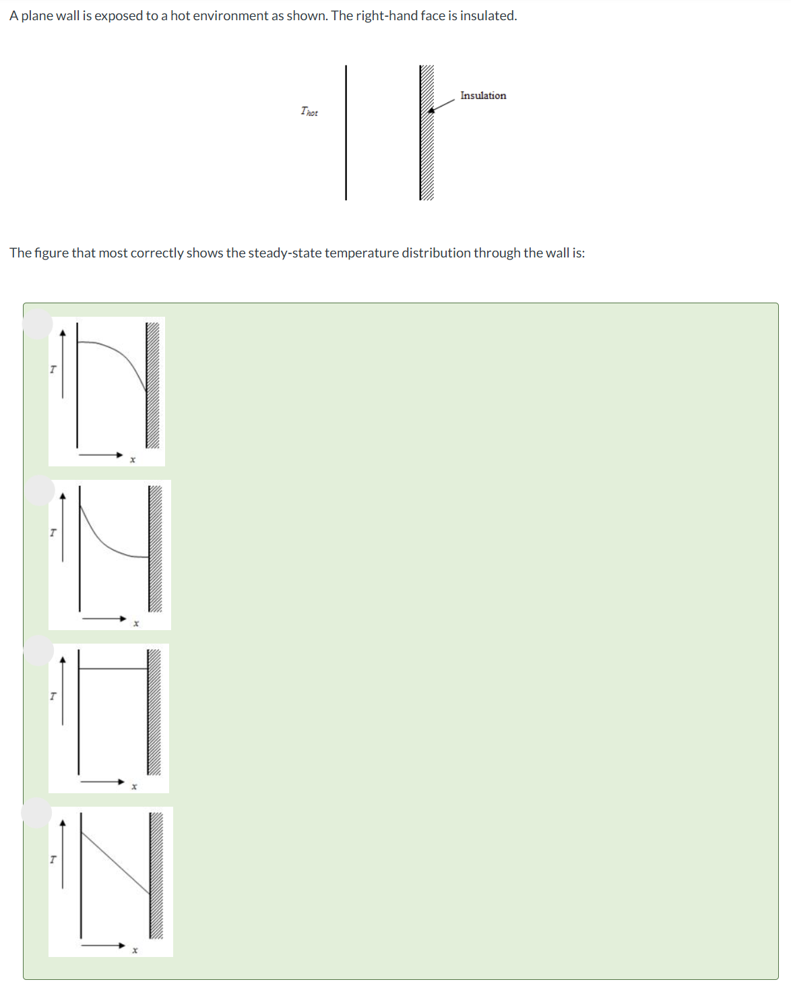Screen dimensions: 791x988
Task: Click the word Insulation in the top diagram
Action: [483, 96]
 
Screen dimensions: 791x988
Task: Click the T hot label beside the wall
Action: [309, 112]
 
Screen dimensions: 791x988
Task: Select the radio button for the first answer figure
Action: [38, 324]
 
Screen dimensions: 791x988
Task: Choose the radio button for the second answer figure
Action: [39, 491]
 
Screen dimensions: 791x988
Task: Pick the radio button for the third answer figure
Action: [38, 650]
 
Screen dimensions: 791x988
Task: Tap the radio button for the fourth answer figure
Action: [36, 813]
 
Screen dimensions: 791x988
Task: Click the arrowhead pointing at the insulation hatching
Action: [431, 110]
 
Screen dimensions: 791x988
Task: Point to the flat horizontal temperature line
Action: [113, 669]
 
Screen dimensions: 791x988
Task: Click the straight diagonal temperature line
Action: [115, 863]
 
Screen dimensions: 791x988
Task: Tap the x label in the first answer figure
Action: [133, 460]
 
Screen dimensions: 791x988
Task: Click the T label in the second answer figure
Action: [53, 532]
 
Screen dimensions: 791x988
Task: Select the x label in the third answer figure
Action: [134, 787]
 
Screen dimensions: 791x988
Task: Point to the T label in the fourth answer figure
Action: [53, 859]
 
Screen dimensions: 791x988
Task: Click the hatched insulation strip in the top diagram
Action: [426, 133]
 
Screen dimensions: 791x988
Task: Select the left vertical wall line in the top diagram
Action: [346, 133]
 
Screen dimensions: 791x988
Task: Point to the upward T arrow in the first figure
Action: [63, 364]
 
